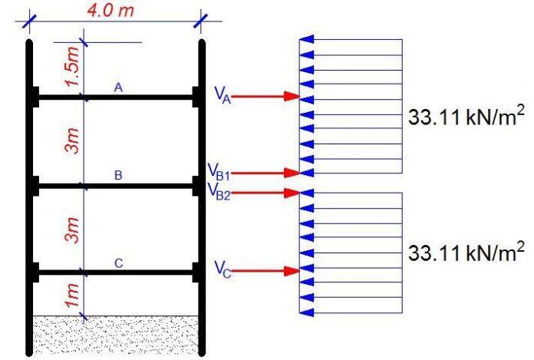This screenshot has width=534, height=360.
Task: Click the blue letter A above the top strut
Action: (117, 88)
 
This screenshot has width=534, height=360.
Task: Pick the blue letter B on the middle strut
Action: (117, 176)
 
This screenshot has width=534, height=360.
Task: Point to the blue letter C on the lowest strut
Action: (117, 263)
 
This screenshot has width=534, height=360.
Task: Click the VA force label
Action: (222, 95)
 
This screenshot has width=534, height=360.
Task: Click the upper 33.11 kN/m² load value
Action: (466, 117)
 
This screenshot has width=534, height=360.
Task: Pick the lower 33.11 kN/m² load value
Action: (466, 251)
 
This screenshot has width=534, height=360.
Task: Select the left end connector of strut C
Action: (35, 271)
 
